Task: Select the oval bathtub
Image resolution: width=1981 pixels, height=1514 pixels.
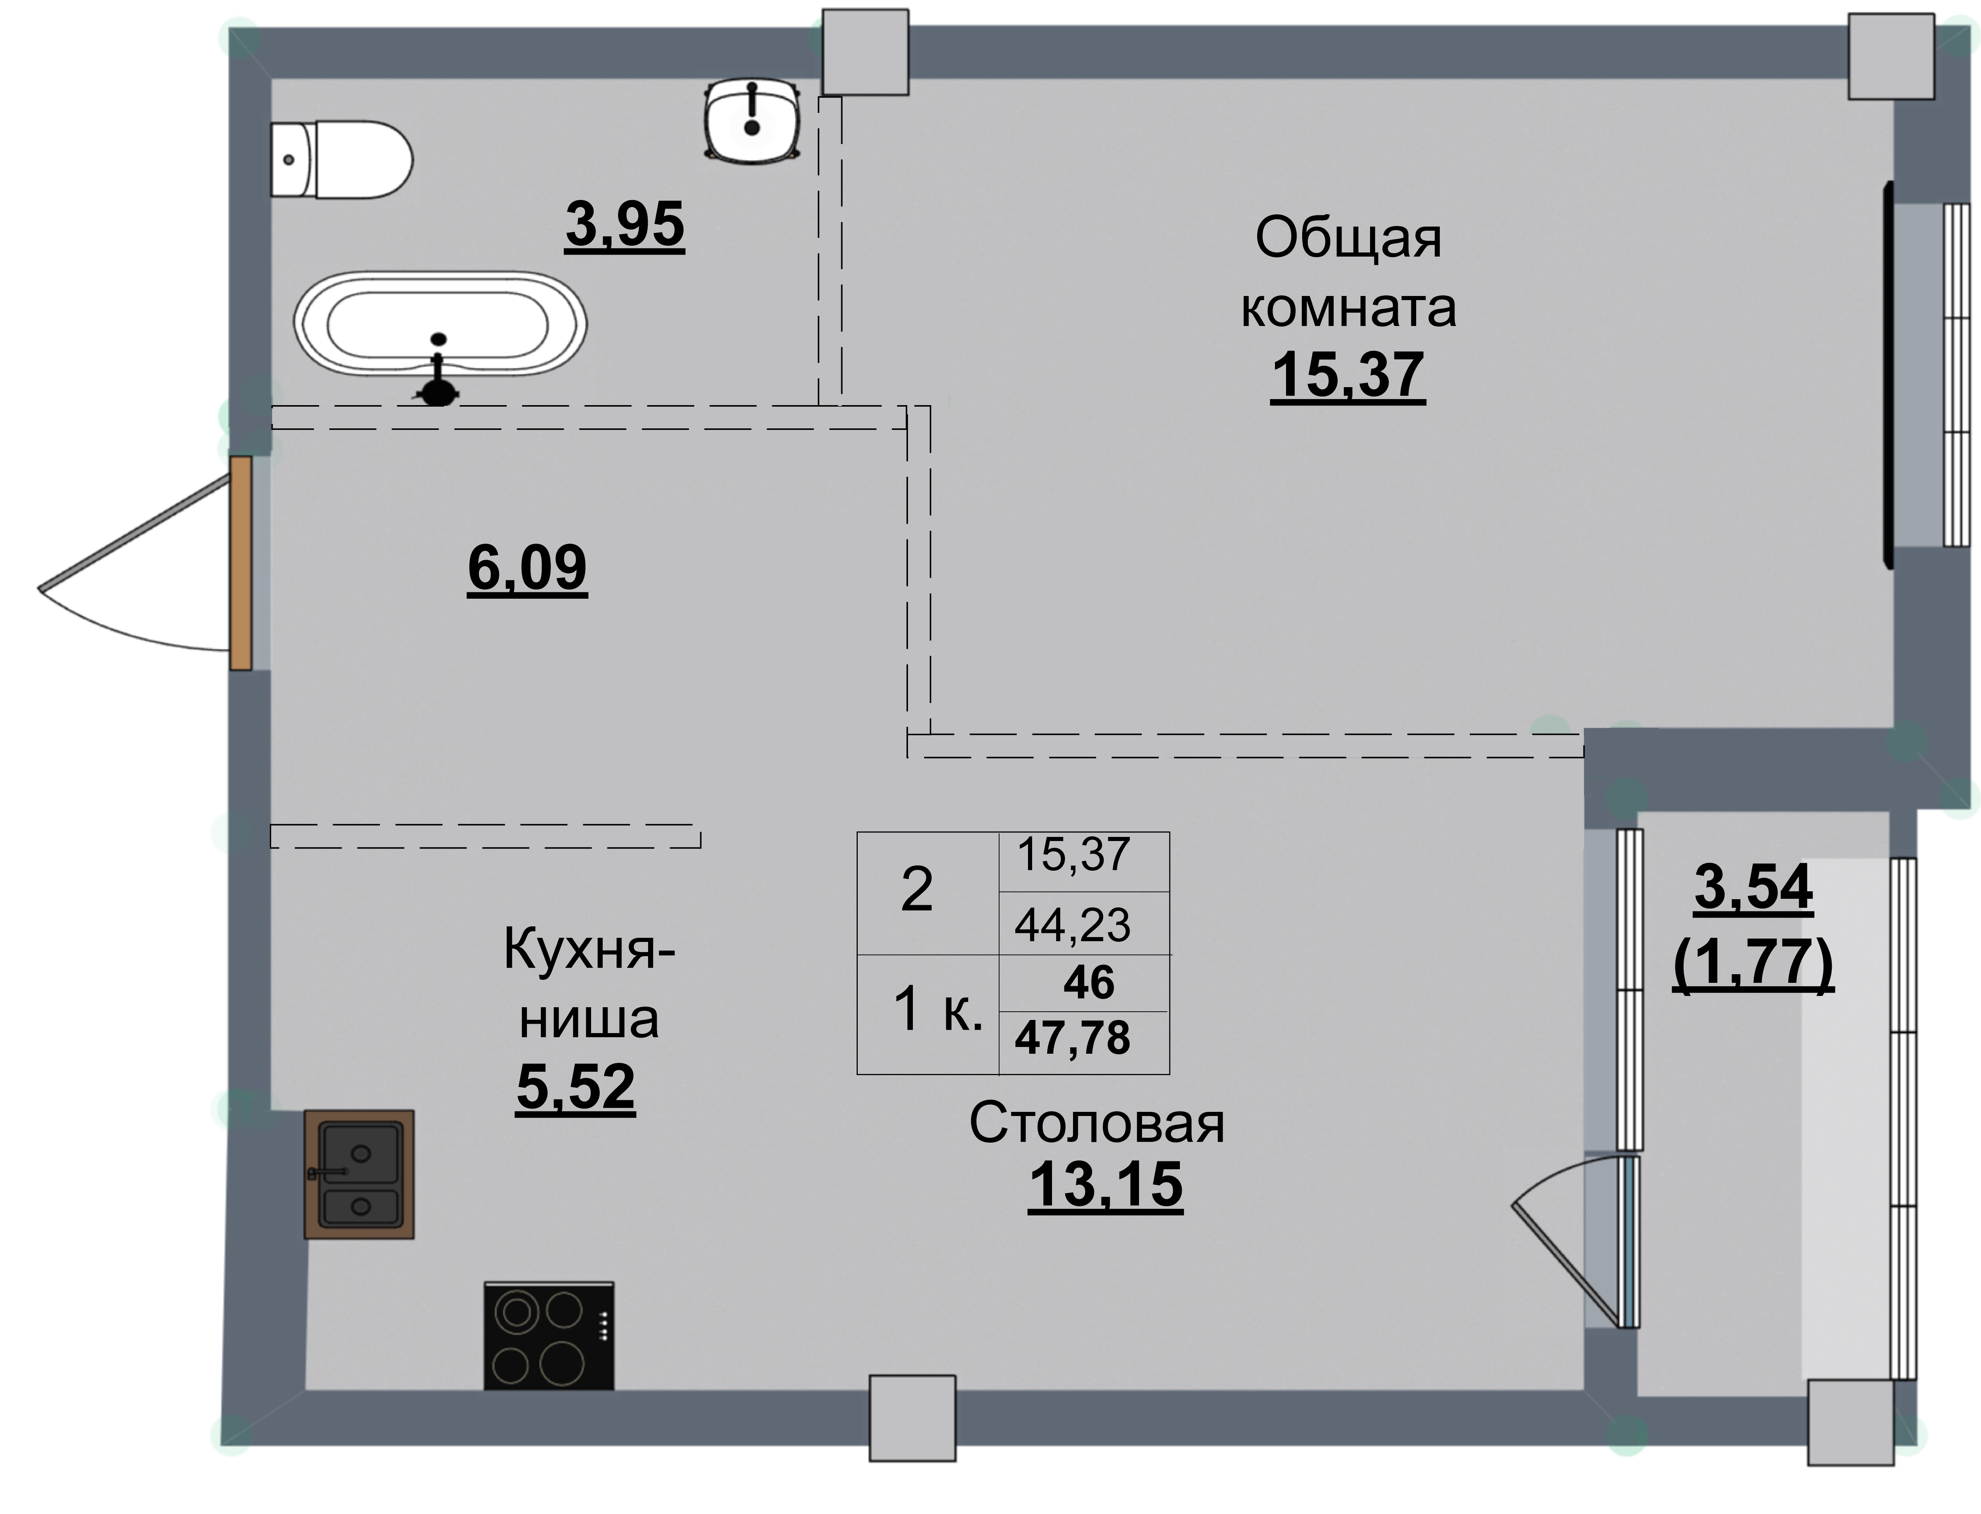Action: tap(440, 323)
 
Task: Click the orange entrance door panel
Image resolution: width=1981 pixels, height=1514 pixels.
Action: tap(240, 563)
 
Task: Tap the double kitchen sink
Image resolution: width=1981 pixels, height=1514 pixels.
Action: tap(359, 1174)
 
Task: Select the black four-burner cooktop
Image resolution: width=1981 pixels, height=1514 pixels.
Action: tap(549, 1335)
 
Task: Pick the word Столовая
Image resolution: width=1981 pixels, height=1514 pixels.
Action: tap(1096, 1124)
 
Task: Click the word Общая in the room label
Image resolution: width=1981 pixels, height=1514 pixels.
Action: tap(1348, 239)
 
